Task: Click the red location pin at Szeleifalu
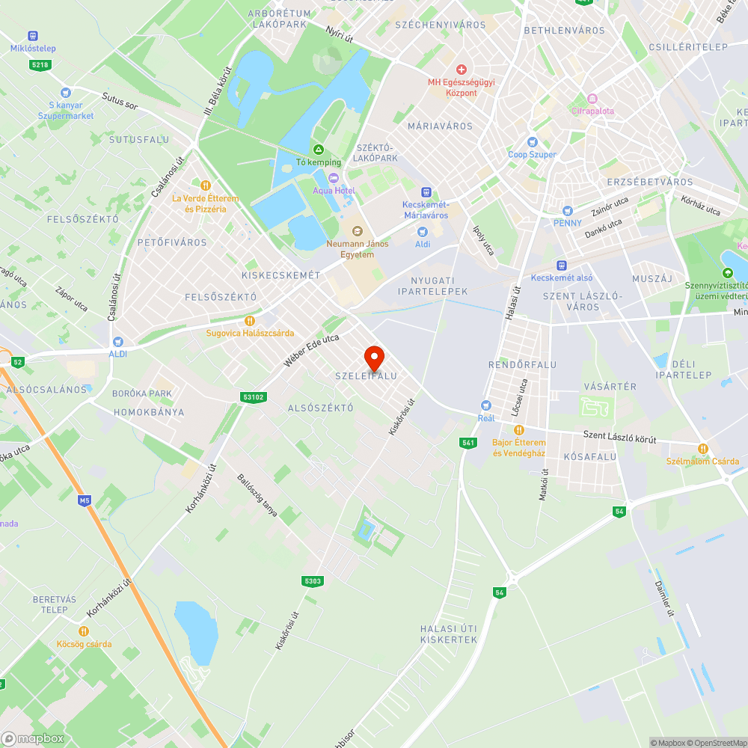(374, 357)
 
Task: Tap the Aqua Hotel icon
(333, 177)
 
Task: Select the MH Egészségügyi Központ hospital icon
(462, 69)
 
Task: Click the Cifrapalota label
(592, 111)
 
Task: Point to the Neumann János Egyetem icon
(357, 230)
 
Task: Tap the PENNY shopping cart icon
(567, 211)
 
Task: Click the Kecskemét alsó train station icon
(561, 266)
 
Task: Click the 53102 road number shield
(254, 397)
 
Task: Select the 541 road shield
(468, 444)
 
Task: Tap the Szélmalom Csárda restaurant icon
(702, 448)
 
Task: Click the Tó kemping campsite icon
(319, 150)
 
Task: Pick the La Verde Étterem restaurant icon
(205, 185)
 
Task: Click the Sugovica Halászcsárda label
(250, 333)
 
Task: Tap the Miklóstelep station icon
(33, 36)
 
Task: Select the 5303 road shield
(313, 580)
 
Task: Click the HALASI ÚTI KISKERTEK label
(449, 634)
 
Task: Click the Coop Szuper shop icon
(533, 142)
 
